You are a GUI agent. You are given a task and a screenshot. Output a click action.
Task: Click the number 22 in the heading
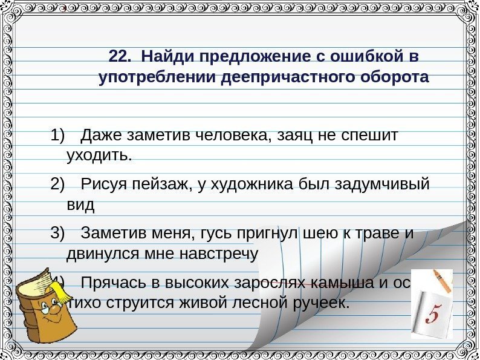point(119,57)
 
